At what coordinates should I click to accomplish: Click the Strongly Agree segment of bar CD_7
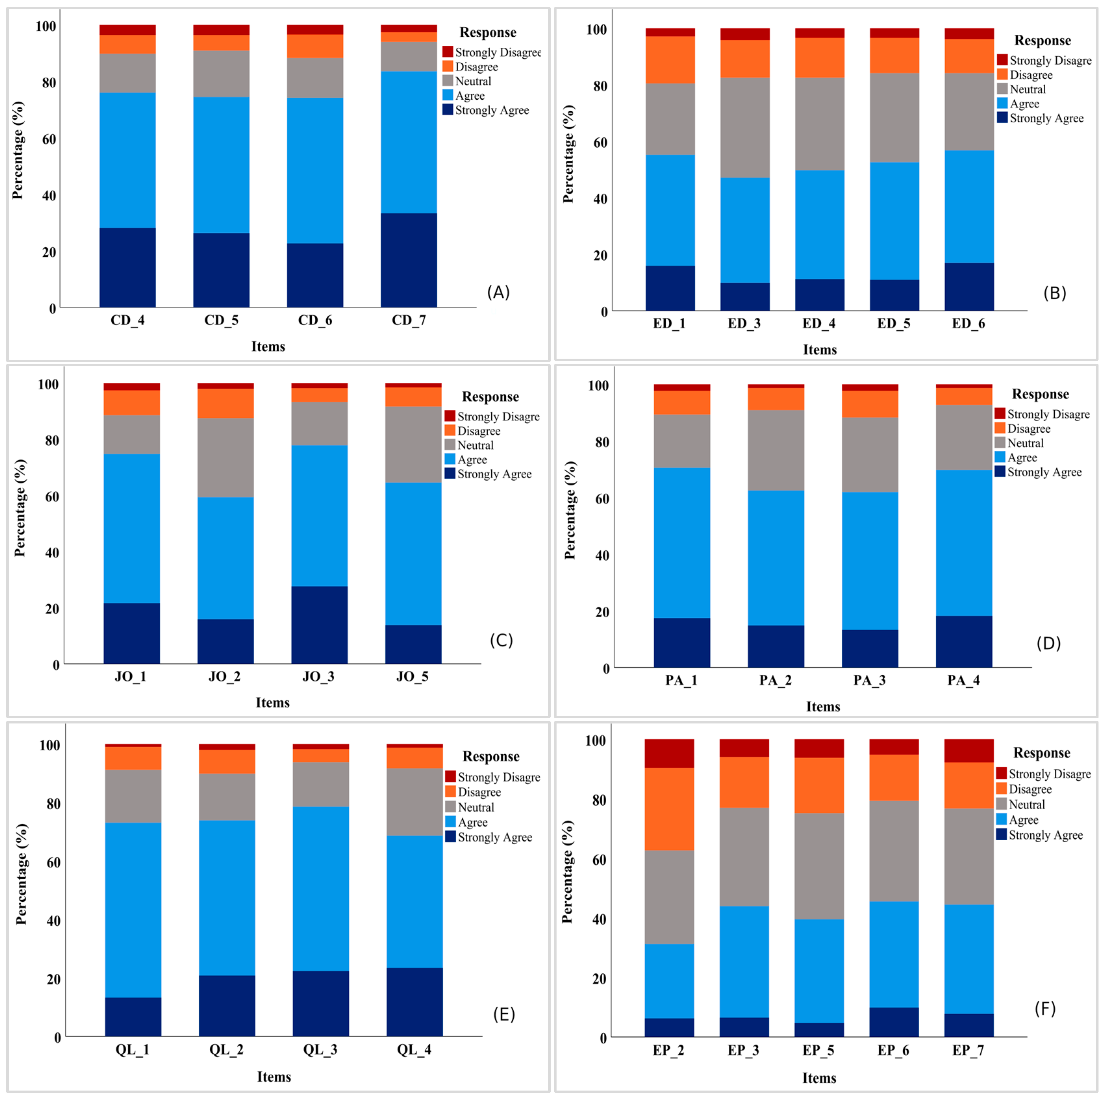click(x=408, y=260)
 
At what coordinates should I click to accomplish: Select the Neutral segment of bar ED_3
click(x=745, y=128)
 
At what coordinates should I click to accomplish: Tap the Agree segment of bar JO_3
click(x=319, y=516)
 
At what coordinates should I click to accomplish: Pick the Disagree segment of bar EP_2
click(x=669, y=809)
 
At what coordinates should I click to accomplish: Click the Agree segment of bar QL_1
click(x=133, y=910)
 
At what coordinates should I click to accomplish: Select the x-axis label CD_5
click(x=221, y=321)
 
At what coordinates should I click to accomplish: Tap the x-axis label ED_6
click(x=968, y=324)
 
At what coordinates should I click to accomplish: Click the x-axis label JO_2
click(x=224, y=677)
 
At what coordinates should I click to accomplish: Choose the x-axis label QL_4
click(x=414, y=1050)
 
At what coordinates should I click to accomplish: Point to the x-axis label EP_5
click(x=819, y=1050)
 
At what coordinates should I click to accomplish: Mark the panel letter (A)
click(x=498, y=293)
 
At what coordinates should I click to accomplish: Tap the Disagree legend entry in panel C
click(x=472, y=431)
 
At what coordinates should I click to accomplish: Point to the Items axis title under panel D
click(x=823, y=707)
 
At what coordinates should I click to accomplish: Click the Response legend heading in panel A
click(x=488, y=32)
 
